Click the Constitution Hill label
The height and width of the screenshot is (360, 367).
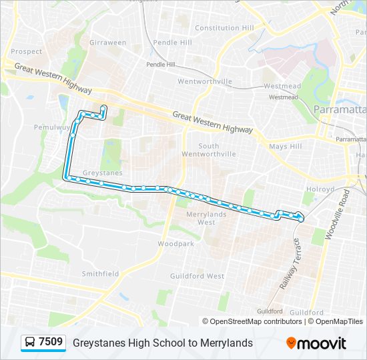224,28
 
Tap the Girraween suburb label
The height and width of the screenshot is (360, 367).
107,43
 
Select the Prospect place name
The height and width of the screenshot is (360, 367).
26,51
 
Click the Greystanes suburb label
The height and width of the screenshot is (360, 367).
102,173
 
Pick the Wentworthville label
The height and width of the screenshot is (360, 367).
205,81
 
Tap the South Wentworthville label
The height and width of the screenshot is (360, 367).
218,150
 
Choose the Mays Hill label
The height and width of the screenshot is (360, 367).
285,147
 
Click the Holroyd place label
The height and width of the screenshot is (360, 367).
320,189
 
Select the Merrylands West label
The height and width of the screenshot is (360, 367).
206,218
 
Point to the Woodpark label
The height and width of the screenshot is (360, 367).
175,244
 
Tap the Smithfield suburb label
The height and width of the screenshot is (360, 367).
100,274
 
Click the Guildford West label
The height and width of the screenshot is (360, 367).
197,276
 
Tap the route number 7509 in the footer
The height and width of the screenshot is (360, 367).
51,343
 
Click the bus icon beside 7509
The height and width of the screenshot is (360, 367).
30,343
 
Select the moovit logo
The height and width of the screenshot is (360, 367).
316,343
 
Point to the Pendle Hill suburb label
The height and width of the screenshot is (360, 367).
172,42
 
